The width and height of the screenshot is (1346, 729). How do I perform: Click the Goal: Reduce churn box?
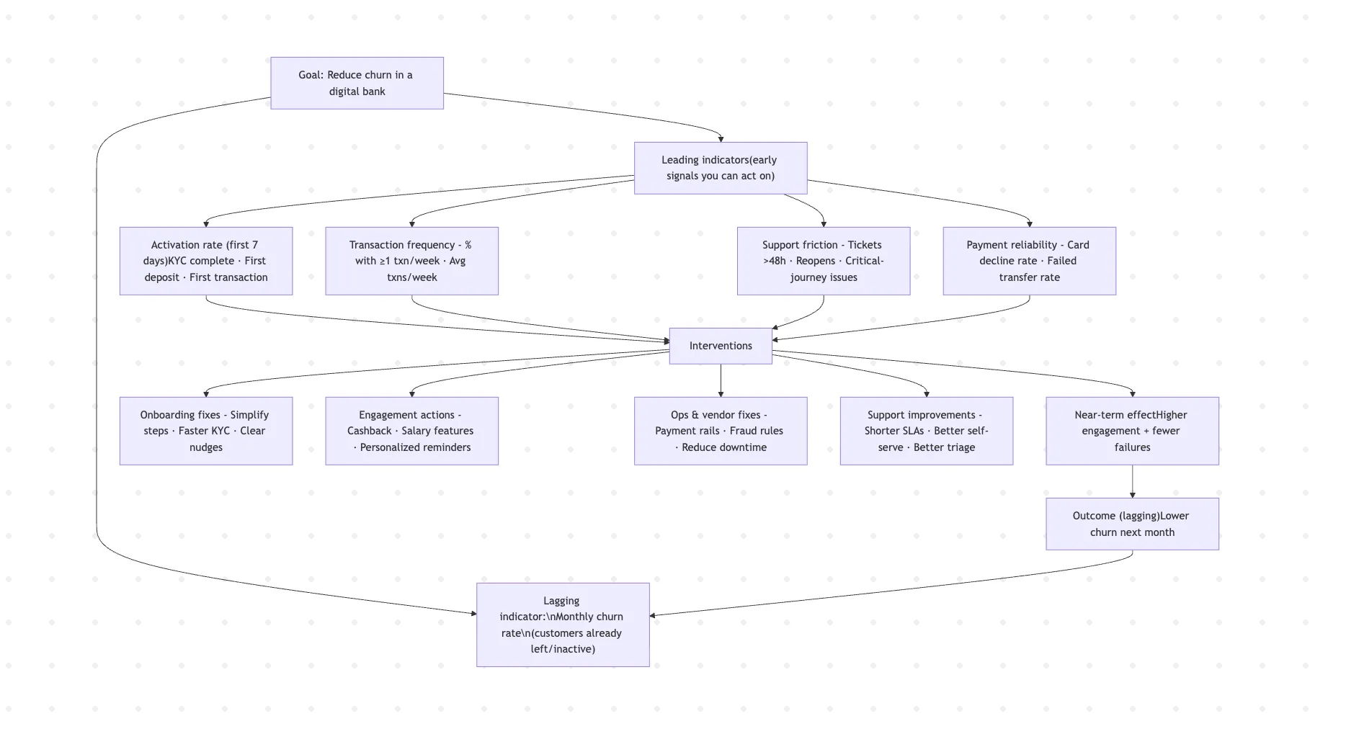[357, 83]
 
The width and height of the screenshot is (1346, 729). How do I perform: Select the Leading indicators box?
[720, 168]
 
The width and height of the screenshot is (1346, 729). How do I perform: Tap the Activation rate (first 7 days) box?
[205, 261]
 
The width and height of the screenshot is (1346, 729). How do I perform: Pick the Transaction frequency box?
[411, 261]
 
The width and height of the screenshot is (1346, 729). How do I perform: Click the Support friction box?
[823, 261]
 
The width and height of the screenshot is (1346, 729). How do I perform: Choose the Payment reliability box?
[1029, 261]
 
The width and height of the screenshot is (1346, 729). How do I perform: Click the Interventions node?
[720, 346]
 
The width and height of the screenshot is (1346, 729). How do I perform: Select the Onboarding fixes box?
[205, 431]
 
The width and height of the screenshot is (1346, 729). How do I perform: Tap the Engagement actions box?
[411, 431]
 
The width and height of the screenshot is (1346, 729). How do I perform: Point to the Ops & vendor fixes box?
[720, 431]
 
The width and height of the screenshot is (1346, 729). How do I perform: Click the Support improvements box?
[926, 431]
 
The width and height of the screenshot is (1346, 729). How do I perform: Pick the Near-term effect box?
[1132, 431]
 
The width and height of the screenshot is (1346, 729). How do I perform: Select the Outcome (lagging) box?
[1132, 524]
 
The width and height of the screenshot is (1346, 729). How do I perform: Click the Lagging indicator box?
[563, 625]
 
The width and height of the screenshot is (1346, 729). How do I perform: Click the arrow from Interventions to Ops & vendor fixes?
[721, 380]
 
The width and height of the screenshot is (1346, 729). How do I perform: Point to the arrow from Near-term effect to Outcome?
[1132, 481]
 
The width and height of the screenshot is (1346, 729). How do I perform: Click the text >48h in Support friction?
[775, 261]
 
